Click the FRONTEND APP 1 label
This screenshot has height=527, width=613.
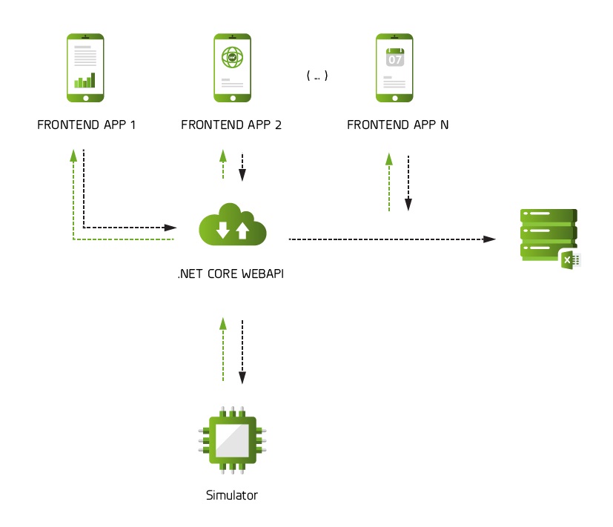(86, 125)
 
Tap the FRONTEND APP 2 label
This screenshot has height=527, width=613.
(231, 125)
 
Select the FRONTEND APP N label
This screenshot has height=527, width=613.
(397, 125)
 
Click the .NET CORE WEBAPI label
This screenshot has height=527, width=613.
(231, 274)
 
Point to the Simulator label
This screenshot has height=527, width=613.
(232, 495)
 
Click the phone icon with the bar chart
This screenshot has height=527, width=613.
(85, 67)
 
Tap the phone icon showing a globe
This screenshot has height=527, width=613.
(232, 67)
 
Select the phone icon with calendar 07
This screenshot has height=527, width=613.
(394, 67)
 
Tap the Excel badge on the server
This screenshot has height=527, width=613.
(569, 259)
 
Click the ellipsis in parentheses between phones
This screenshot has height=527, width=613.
(317, 76)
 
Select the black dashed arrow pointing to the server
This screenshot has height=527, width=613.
(391, 239)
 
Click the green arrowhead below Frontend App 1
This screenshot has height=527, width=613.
(73, 153)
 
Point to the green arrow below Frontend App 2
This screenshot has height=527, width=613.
(222, 165)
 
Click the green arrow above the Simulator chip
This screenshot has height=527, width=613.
(222, 348)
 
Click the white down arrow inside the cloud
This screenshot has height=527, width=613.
(222, 229)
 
